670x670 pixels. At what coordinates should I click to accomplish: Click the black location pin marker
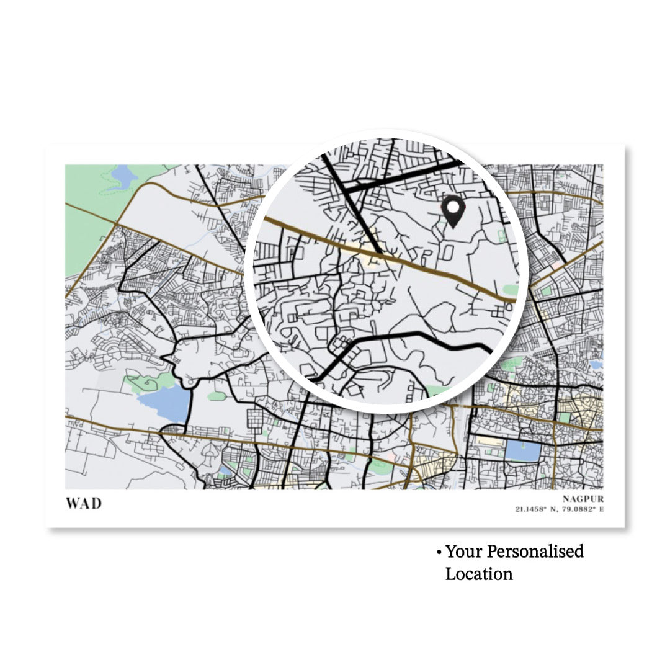tap(453, 211)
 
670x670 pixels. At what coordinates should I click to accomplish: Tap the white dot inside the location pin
tap(453, 206)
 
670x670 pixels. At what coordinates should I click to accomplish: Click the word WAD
tap(83, 503)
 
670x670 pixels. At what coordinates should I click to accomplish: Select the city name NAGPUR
tap(583, 499)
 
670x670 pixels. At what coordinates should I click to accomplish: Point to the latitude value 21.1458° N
tap(537, 509)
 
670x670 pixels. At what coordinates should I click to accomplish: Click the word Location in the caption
tap(479, 574)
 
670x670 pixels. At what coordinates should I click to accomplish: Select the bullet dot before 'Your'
tap(439, 552)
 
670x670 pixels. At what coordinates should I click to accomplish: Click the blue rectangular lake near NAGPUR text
tap(522, 450)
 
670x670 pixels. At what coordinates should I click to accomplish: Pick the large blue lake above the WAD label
tap(164, 404)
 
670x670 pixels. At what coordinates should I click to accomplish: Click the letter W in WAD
tap(73, 503)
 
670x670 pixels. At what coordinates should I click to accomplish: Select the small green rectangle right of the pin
tap(501, 236)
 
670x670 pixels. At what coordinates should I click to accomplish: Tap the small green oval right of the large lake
tap(217, 396)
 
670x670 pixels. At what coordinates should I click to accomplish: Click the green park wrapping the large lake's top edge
tap(149, 381)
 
